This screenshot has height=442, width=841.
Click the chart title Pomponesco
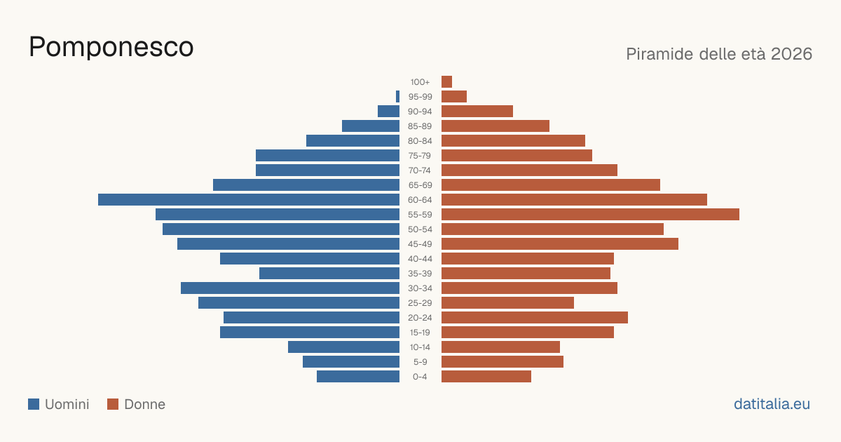(111, 47)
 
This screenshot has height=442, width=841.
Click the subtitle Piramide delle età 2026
(719, 54)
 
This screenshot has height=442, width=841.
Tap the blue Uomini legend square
(34, 404)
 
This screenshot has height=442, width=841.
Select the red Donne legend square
(113, 404)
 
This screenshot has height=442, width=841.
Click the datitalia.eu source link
(772, 404)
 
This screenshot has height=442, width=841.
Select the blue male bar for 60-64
(249, 199)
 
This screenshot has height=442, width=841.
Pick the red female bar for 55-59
(590, 214)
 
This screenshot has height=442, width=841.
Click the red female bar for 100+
(447, 81)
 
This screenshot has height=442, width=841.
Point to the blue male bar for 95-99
(397, 96)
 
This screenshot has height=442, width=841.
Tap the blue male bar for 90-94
(388, 112)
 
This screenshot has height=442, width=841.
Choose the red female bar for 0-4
(486, 376)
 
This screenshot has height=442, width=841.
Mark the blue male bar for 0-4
(358, 376)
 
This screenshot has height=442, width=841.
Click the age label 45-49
(420, 244)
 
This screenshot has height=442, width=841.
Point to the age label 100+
(420, 82)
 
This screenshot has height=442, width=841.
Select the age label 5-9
(420, 362)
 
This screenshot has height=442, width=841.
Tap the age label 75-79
(420, 156)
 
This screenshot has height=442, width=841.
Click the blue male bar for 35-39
(329, 273)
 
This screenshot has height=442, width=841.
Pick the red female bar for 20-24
(535, 317)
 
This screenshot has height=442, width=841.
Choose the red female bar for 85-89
(495, 126)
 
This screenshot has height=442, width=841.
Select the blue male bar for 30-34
(290, 288)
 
